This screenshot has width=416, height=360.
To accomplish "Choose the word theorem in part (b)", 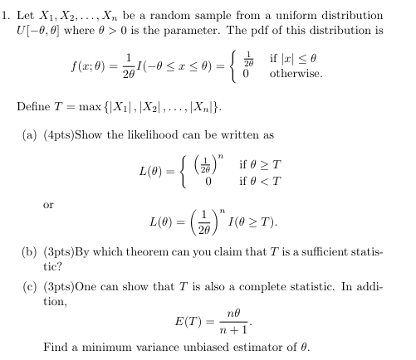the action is [x=151, y=249].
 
